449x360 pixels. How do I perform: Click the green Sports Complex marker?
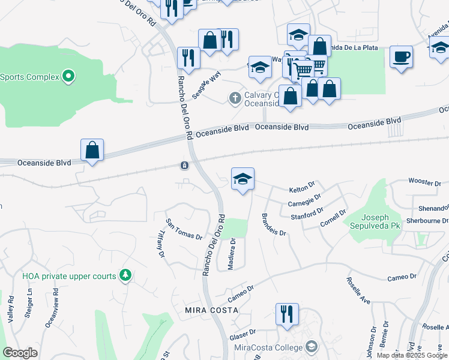click(x=68, y=76)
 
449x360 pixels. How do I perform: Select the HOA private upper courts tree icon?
click(x=125, y=275)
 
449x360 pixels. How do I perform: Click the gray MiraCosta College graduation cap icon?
click(x=312, y=346)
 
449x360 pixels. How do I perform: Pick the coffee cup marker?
click(x=401, y=58)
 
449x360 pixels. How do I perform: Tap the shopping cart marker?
click(x=305, y=70)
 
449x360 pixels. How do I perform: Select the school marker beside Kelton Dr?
click(x=243, y=179)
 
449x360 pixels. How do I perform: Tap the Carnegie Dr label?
click(x=305, y=200)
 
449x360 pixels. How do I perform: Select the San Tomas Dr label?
click(x=184, y=229)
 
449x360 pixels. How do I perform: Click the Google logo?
click(x=20, y=353)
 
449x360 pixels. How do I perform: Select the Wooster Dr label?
click(x=424, y=181)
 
